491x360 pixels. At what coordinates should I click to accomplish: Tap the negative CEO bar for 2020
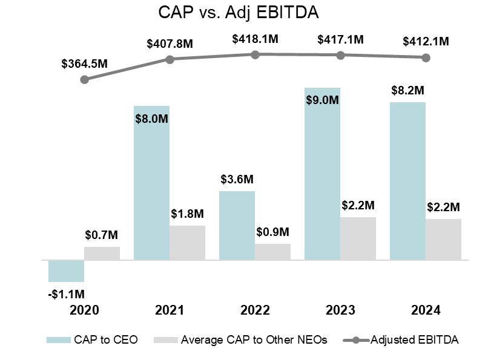66,270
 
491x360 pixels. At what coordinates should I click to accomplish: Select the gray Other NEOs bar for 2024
443,239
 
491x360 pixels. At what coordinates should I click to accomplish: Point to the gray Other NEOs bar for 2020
102,253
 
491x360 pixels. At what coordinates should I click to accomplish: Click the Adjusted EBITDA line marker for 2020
85,79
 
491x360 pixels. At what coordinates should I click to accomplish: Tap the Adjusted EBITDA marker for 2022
255,54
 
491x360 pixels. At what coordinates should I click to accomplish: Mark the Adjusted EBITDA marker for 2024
426,57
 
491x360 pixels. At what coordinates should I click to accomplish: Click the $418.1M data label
255,39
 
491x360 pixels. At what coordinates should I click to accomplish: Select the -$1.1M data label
66,294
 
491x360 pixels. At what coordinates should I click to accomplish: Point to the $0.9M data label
272,232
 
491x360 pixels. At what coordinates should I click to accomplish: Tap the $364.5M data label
84,64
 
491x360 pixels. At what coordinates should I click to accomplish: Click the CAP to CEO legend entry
93,339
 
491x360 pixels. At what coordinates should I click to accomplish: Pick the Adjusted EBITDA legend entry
401,339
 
